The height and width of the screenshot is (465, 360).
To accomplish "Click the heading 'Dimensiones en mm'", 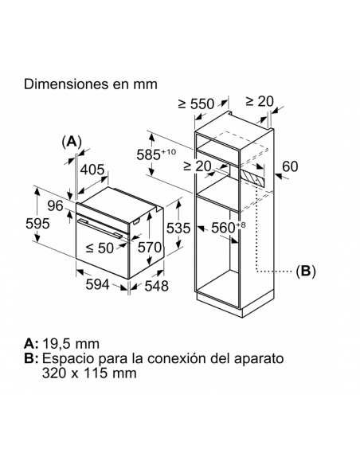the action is point(91,84).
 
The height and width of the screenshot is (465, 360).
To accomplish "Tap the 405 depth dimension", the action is point(92,170).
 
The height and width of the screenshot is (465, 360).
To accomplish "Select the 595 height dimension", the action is point(37,223).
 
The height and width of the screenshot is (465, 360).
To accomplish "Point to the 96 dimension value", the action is point(56,205).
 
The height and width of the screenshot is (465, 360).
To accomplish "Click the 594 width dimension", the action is point(97,284).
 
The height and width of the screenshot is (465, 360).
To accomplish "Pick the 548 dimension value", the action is point(156,286).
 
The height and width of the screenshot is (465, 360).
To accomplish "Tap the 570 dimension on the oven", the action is point(150,247).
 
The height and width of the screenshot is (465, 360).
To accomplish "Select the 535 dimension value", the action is point(178,228).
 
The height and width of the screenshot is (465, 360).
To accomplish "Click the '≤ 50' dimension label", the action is point(100,248).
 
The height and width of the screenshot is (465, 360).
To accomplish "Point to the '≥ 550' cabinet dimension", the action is point(196,104).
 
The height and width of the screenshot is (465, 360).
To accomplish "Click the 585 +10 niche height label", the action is point(156,154).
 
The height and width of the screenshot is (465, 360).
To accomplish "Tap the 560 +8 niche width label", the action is point(229,228).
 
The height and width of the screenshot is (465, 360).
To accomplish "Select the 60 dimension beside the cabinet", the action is point(290,166).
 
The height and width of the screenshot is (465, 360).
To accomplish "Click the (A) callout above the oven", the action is point(72,142).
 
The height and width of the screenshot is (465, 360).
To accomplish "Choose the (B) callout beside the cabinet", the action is point(306,271).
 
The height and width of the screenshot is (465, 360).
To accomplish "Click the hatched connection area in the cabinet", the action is point(252,178).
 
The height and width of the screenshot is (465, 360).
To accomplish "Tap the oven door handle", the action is point(100,228).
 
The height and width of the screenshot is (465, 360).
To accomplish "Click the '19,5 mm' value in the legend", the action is point(71,344).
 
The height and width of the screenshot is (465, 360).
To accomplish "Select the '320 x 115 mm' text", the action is point(89,373).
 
